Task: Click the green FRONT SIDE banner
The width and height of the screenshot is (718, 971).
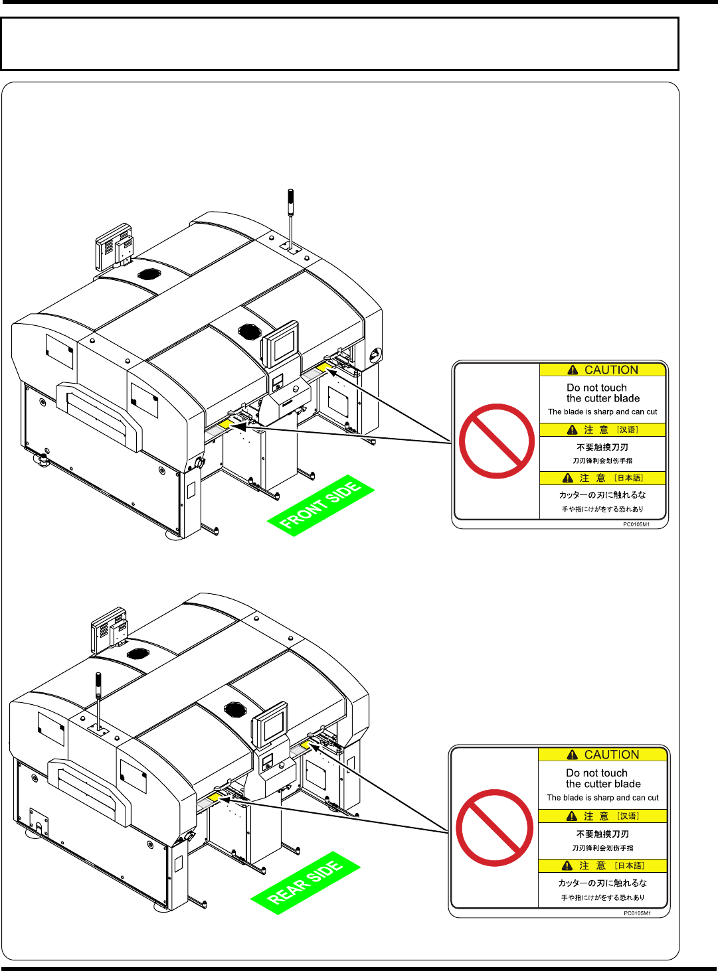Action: tap(321, 505)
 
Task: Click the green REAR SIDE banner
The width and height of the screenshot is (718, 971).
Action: tap(306, 883)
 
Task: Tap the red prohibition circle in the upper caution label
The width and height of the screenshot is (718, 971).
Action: tap(496, 441)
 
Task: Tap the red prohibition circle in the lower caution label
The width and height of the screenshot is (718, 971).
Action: tap(495, 827)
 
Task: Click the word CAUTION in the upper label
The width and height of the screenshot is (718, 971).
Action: tap(611, 370)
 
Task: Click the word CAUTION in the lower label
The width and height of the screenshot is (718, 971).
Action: tap(611, 755)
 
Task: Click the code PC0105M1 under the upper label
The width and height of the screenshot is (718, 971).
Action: tap(636, 524)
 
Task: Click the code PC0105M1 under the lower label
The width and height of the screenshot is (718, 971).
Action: tap(636, 913)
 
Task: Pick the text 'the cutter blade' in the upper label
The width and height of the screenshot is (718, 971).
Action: tap(603, 398)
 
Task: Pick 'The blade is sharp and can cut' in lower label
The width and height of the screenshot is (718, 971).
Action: tap(602, 798)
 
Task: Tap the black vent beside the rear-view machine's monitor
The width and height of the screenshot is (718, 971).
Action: tap(234, 709)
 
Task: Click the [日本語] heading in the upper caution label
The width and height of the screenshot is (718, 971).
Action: tap(628, 478)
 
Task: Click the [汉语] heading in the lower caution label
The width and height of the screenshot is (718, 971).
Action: tap(628, 816)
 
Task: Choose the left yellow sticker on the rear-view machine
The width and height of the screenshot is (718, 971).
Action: tap(214, 796)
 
